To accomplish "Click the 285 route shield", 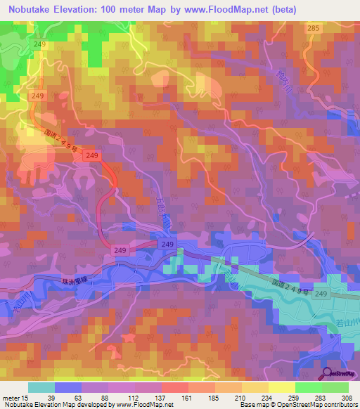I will point(313,28).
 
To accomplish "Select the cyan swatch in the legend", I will point(41,387).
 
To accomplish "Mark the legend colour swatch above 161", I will point(174,387).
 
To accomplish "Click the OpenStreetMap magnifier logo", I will point(328,372).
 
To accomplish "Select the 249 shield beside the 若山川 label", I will point(321,294).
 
